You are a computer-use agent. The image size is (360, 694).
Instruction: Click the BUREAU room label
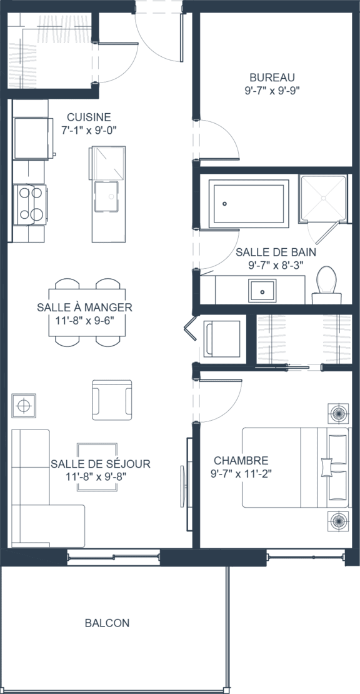[272, 78]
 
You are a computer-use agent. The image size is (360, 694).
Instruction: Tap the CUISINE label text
[89, 118]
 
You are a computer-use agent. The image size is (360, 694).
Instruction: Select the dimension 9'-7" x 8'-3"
[276, 264]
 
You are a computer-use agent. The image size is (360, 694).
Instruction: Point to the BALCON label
[107, 623]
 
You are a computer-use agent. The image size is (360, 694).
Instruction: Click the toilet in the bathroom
[327, 286]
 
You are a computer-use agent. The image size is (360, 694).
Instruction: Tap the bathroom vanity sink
[262, 290]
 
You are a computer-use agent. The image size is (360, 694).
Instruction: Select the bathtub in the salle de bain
[249, 204]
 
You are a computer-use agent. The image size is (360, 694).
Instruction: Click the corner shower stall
[323, 198]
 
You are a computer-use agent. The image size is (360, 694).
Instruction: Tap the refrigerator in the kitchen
[31, 138]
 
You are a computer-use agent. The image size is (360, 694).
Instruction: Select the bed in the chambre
[296, 468]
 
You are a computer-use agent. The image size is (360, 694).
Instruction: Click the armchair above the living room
[112, 400]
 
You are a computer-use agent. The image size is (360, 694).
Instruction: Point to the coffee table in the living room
[97, 467]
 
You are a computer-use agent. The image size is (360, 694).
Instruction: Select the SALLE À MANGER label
[84, 307]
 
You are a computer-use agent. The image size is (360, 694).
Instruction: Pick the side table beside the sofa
[24, 405]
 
